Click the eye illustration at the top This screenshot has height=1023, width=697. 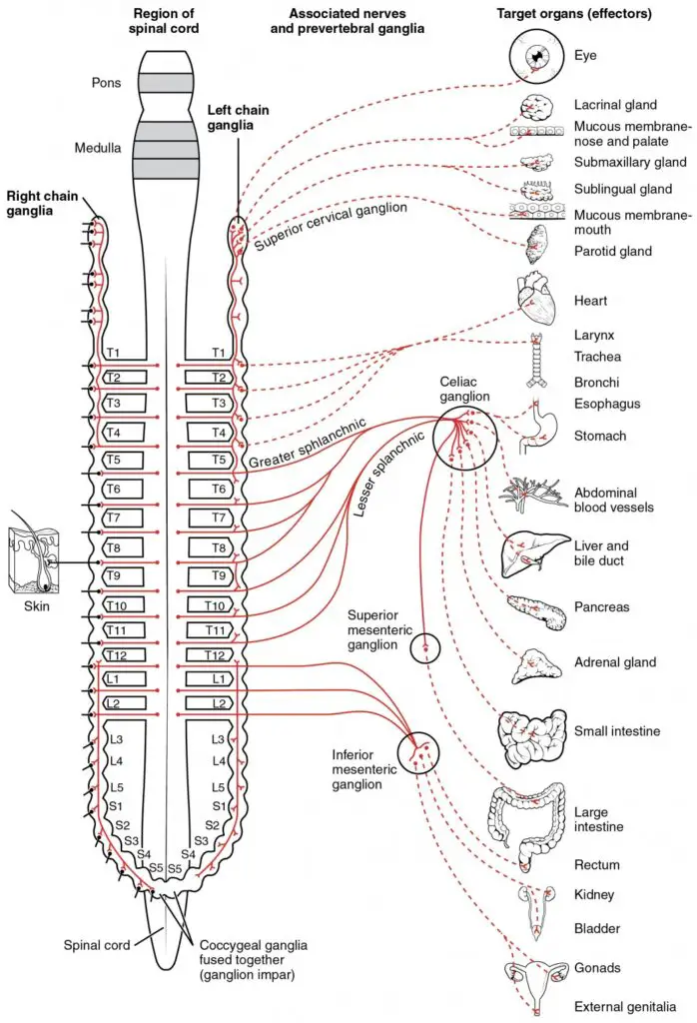tap(536, 57)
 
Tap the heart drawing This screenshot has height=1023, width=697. tap(537, 298)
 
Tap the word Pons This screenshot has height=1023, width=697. tap(106, 83)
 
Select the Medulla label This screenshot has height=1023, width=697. tap(98, 148)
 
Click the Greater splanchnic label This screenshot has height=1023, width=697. tap(308, 443)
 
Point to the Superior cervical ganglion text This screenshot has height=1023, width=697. tap(331, 226)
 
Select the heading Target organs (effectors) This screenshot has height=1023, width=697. tap(574, 14)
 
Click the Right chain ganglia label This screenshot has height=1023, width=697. tap(42, 204)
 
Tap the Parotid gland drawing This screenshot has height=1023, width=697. tap(537, 244)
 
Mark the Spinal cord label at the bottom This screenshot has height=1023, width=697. tap(97, 945)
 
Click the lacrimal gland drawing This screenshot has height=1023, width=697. tap(537, 108)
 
